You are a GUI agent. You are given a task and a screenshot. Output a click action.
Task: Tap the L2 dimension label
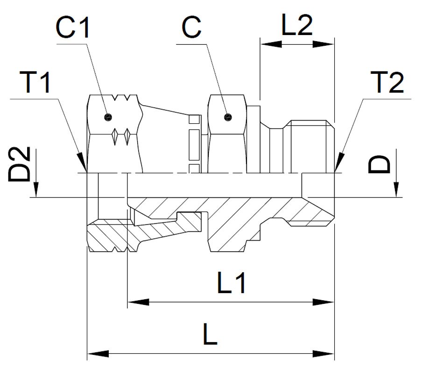coord(297,27)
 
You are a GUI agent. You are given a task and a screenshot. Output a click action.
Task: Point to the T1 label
coord(35,83)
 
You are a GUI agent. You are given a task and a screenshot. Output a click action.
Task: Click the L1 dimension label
coord(232,283)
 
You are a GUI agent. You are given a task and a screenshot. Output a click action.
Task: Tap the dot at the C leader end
coord(227,116)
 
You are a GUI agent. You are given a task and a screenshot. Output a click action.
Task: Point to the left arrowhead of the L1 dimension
coord(137,302)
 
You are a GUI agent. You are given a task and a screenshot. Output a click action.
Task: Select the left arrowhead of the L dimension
coord(97,354)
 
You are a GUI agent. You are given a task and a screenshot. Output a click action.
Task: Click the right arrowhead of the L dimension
coord(326,354)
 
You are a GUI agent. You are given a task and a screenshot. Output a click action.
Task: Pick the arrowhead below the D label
coord(396,190)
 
